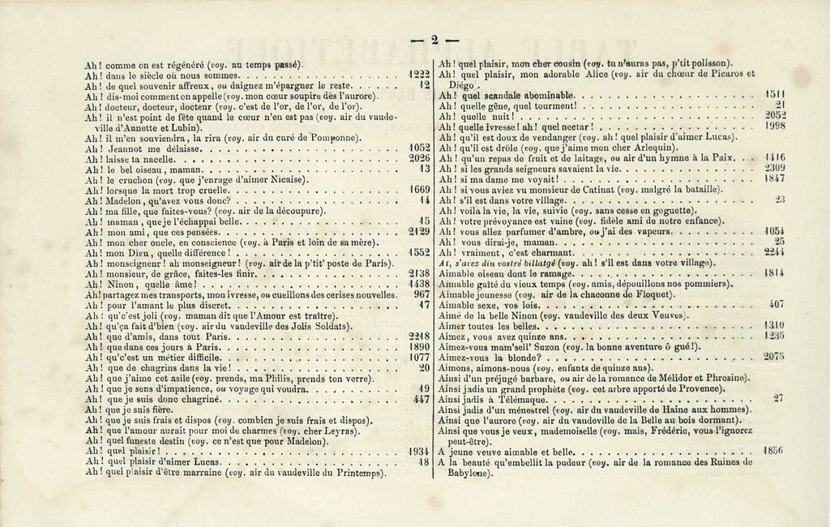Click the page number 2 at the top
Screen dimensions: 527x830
434,40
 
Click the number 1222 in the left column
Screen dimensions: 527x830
417,74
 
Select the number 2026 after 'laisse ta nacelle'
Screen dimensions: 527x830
417,159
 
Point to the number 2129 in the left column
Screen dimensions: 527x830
417,232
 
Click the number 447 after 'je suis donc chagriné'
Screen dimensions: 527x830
420,400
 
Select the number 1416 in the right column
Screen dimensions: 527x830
774,158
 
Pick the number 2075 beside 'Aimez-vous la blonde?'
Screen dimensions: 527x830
774,356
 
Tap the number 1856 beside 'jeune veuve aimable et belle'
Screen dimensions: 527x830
774,452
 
